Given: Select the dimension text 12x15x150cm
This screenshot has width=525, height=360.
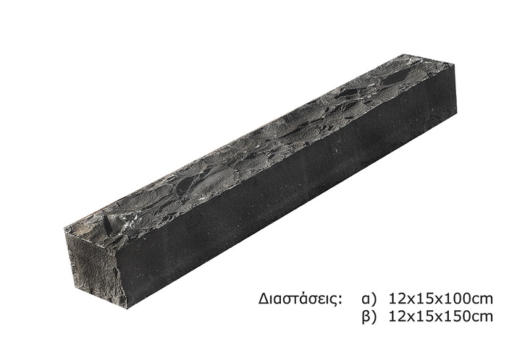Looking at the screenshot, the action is [441, 316].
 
